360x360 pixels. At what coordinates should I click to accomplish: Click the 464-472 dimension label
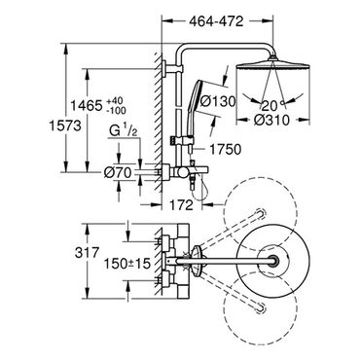click(x=216, y=21)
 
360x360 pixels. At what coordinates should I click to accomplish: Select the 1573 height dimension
click(x=65, y=126)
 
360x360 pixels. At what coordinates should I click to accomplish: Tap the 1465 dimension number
click(x=87, y=105)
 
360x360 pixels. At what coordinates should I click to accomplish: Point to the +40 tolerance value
click(x=116, y=101)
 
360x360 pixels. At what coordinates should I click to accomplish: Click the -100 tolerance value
click(x=116, y=110)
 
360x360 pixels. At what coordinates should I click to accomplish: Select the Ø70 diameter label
click(x=118, y=173)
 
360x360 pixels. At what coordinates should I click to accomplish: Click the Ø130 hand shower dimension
click(x=218, y=102)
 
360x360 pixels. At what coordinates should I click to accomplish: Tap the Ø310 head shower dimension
click(x=271, y=120)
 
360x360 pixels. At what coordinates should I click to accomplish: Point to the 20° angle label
click(x=270, y=105)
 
